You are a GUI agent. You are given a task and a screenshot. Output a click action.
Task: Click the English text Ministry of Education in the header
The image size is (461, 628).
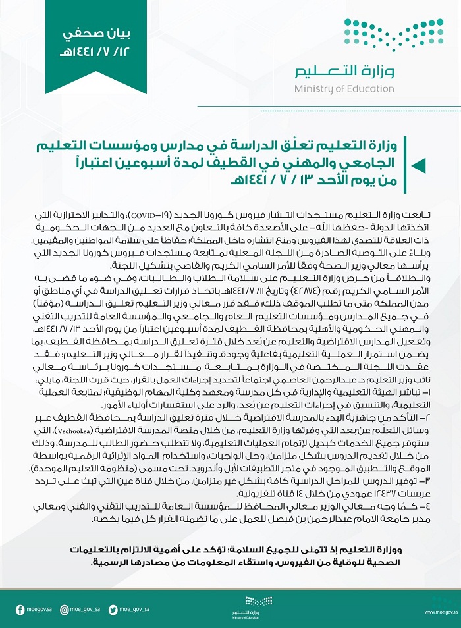point(344,89)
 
